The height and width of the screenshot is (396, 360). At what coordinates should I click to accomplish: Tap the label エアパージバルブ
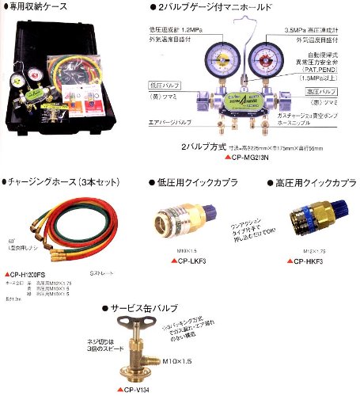click(x=169, y=124)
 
